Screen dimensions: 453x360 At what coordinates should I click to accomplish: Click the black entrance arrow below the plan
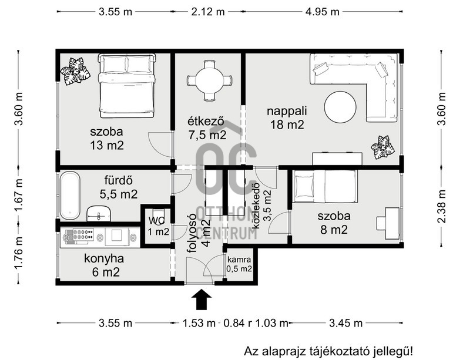tap(202, 300)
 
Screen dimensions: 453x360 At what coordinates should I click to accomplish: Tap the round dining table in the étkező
tap(209, 80)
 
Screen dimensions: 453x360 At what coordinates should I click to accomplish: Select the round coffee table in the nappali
tap(340, 107)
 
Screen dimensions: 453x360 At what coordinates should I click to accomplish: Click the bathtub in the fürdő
tap(70, 196)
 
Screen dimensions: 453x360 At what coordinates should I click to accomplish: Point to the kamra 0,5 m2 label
tap(239, 264)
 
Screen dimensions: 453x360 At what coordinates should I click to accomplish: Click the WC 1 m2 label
tap(158, 226)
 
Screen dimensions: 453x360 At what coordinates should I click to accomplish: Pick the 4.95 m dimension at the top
tap(322, 12)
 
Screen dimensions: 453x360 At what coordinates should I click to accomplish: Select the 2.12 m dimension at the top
tap(208, 12)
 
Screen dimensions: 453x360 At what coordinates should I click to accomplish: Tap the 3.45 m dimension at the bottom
tap(346, 323)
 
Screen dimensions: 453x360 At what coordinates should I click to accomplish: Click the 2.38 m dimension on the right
tap(442, 206)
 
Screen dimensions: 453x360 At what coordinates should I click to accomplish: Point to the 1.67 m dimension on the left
tap(19, 195)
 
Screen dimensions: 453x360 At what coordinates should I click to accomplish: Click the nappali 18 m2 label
tap(287, 118)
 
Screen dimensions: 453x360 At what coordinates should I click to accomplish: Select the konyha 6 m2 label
tap(105, 265)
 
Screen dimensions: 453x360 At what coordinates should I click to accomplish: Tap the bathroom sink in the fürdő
tap(99, 214)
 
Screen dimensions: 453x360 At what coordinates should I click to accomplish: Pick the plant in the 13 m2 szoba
tap(75, 71)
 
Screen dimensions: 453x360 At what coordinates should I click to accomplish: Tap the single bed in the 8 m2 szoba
tap(325, 186)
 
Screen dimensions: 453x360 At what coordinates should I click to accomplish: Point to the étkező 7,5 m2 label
tap(207, 128)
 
